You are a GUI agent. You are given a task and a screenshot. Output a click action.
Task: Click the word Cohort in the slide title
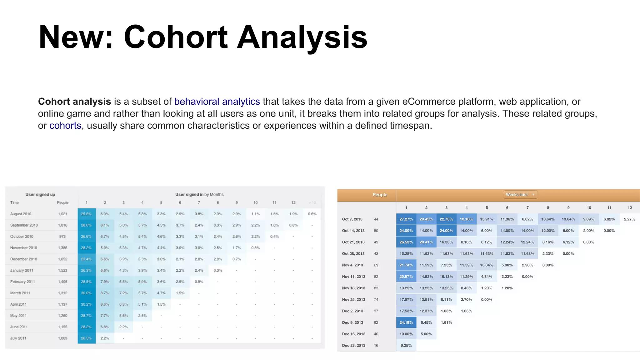[x=176, y=37]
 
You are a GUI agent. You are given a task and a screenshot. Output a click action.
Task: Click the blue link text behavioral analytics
[x=217, y=102]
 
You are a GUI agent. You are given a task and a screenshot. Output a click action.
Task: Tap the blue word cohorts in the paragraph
[x=65, y=126]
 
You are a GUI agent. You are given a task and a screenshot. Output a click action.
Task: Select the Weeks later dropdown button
[x=520, y=195]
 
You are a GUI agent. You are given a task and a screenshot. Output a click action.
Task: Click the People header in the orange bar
[x=380, y=195]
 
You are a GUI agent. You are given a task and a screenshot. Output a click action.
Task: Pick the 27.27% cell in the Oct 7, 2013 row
[x=406, y=219]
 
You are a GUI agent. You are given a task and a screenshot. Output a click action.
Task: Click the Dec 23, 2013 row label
[x=353, y=346]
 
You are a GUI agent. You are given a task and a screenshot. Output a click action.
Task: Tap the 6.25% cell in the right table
[x=406, y=346]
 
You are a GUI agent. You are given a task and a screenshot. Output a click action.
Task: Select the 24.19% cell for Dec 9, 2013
[x=406, y=322]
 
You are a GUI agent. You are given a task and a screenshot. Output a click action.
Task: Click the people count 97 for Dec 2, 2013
[x=376, y=311]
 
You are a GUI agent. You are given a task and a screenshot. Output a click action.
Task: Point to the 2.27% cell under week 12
[x=629, y=219]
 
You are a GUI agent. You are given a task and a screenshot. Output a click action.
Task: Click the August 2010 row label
[x=21, y=214]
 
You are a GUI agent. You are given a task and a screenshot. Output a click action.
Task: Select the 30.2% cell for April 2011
[x=86, y=304]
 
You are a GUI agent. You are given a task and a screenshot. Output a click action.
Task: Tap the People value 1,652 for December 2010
[x=62, y=259]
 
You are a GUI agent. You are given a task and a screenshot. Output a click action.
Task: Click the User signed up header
[x=40, y=195]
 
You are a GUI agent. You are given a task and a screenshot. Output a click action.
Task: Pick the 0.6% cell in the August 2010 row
[x=312, y=214]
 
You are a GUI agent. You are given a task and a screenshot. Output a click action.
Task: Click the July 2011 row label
[x=18, y=338]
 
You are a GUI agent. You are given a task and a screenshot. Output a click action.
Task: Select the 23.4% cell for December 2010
[x=86, y=259]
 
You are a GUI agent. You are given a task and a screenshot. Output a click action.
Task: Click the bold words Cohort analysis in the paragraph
[x=74, y=102]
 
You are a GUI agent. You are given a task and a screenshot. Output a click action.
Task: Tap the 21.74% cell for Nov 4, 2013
[x=406, y=265]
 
